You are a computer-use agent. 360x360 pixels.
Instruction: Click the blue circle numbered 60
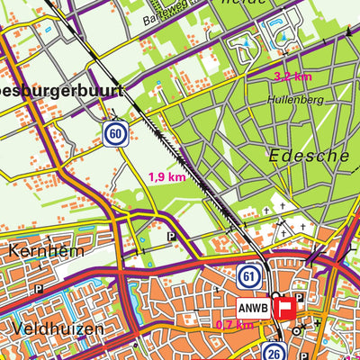click(113, 134)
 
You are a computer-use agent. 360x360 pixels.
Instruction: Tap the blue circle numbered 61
click(249, 274)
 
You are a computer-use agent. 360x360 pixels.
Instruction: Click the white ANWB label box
click(254, 306)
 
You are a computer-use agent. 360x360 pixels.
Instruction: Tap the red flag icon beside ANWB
click(286, 308)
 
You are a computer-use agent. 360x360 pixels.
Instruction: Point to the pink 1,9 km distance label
click(166, 177)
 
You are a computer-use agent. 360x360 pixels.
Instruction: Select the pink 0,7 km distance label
click(234, 324)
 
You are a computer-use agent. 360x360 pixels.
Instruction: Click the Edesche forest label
click(309, 155)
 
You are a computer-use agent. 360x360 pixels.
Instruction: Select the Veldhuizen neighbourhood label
click(58, 329)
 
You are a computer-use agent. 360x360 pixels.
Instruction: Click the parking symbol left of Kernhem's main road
click(39, 290)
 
